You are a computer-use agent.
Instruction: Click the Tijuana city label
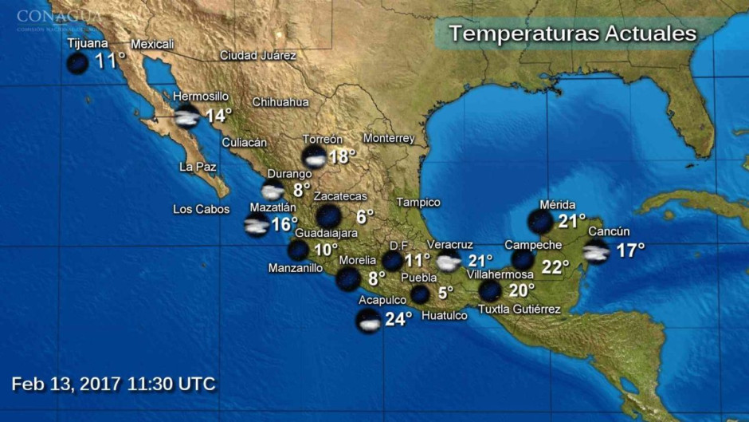pyautogui.click(x=88, y=43)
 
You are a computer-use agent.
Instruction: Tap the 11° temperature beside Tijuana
pyautogui.click(x=110, y=61)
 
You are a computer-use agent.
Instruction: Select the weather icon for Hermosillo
pyautogui.click(x=186, y=116)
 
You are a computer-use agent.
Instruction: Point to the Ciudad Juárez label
pyautogui.click(x=258, y=56)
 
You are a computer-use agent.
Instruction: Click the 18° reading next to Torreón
pyautogui.click(x=342, y=156)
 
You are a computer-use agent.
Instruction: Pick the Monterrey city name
pyautogui.click(x=389, y=138)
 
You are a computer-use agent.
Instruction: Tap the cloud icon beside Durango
pyautogui.click(x=273, y=191)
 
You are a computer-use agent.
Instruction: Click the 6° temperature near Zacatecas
pyautogui.click(x=365, y=216)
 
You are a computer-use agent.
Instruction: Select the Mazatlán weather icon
pyautogui.click(x=257, y=225)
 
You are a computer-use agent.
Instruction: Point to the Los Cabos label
pyautogui.click(x=201, y=210)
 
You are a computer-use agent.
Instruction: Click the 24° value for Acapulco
pyautogui.click(x=398, y=319)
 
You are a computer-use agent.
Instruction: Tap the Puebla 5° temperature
pyautogui.click(x=445, y=293)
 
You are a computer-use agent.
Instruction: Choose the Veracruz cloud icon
pyautogui.click(x=449, y=262)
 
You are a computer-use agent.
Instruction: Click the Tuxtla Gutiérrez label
pyautogui.click(x=520, y=310)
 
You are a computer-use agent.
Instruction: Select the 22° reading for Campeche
pyautogui.click(x=555, y=267)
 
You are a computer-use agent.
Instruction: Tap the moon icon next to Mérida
pyautogui.click(x=541, y=221)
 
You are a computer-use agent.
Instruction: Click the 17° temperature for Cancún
pyautogui.click(x=630, y=250)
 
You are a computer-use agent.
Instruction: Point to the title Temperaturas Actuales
pyautogui.click(x=572, y=34)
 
